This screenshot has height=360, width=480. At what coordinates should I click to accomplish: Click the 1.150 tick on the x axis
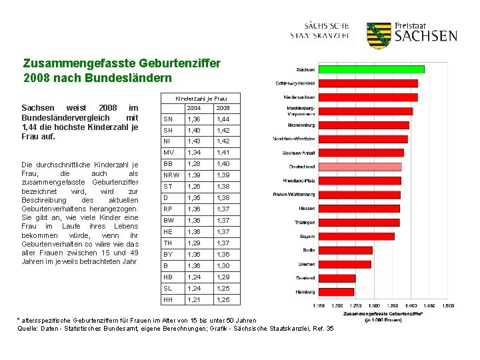pos(319,305)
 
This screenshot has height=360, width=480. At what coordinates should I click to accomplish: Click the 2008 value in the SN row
pos(223,119)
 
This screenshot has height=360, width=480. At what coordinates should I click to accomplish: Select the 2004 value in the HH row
pos(193,300)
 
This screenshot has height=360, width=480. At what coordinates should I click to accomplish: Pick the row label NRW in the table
pos(171,174)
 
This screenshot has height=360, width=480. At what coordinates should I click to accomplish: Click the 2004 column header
pos(193,108)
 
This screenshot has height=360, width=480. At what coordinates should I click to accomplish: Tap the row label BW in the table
pos(169,220)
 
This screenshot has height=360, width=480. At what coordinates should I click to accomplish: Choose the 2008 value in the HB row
pos(223,277)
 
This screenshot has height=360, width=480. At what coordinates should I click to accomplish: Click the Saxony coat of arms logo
pos(379,35)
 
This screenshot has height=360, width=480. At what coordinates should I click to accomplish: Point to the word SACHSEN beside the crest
pos(426,36)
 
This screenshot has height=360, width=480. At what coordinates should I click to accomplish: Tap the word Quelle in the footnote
pos(28,328)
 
